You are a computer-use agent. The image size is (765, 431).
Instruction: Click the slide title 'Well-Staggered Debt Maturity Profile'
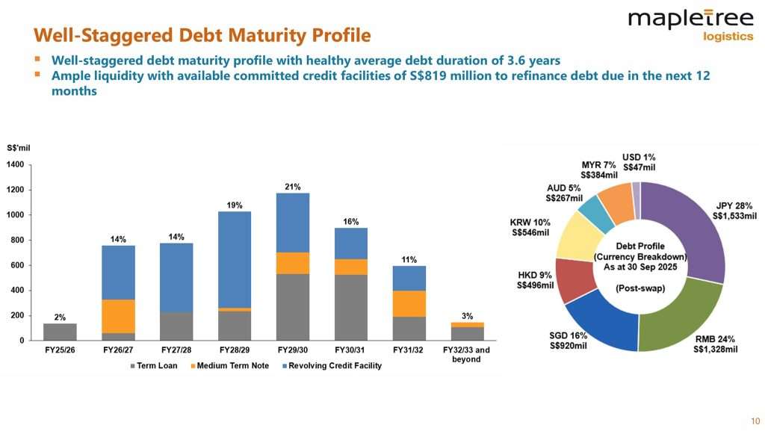202,35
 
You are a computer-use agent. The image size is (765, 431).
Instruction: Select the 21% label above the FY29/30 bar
292,187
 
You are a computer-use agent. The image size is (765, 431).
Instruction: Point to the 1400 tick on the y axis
16,164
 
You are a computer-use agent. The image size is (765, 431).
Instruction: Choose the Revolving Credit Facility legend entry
335,365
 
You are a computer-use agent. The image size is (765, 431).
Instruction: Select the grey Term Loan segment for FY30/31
351,308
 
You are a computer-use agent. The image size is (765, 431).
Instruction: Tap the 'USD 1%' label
639,158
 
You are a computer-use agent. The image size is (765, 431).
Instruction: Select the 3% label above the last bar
467,316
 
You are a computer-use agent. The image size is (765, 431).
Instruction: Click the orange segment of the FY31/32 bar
409,303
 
